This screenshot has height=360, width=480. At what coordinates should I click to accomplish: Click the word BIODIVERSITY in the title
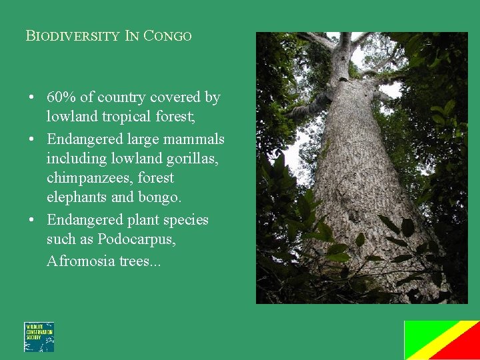coord(72,36)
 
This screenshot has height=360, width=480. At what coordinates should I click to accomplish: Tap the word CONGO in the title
coord(167,36)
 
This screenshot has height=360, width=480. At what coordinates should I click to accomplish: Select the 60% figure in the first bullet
coord(61,97)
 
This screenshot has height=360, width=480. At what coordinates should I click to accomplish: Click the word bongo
coord(159,198)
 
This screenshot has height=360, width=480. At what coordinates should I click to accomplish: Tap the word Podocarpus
coord(137,239)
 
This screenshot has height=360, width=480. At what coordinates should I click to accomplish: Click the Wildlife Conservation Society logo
coord(39,337)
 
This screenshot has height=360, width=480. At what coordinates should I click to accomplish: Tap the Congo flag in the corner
coord(441,340)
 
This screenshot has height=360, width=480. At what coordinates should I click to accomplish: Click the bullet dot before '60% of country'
coord(31,98)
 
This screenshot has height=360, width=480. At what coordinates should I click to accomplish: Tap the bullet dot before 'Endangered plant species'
coord(31,221)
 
